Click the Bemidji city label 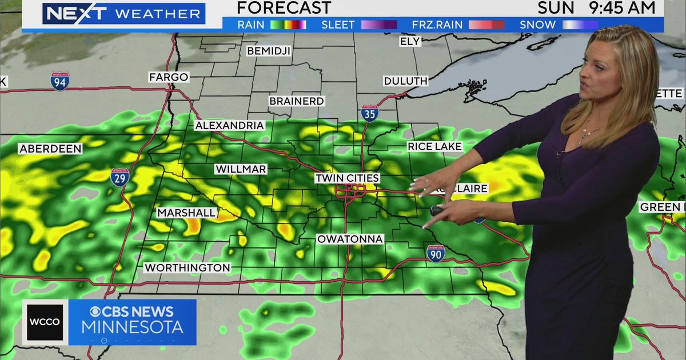(x=269, y=51)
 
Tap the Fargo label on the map (x=169, y=77)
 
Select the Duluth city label (x=405, y=81)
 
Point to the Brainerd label (x=297, y=101)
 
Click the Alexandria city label (x=229, y=126)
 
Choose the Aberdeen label (x=50, y=149)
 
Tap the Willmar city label (x=241, y=169)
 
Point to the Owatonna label (x=350, y=239)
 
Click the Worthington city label (x=187, y=267)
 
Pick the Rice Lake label (x=434, y=147)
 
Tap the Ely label (x=410, y=41)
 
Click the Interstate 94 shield (x=59, y=82)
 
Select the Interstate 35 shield (x=369, y=113)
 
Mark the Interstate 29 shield (x=119, y=177)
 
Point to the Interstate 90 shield (x=436, y=253)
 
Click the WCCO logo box (x=45, y=322)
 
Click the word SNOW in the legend (x=537, y=25)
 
